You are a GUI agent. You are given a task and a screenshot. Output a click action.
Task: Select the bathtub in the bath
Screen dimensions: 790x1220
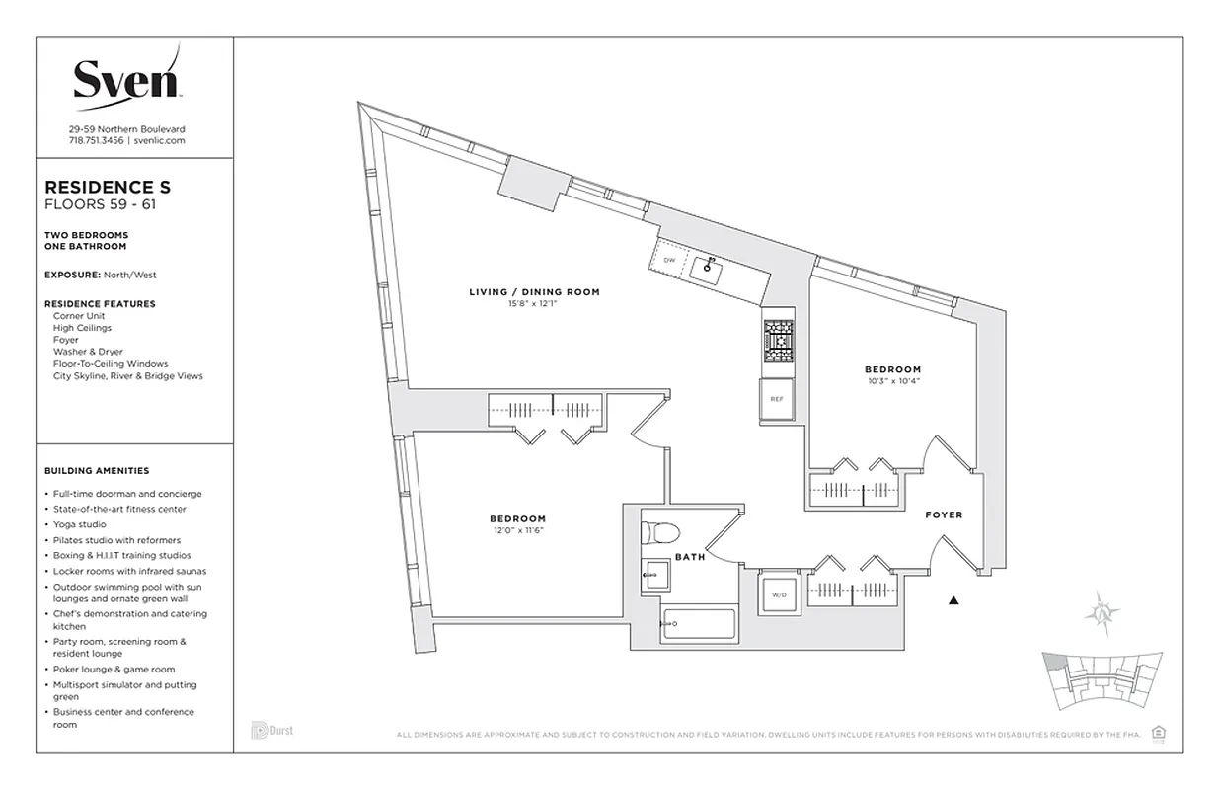699,624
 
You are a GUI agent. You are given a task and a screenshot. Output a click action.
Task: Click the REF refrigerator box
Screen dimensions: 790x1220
777,401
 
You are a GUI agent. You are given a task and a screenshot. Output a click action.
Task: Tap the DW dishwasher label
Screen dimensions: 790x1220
669,260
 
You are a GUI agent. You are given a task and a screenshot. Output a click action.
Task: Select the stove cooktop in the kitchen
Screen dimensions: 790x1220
776,343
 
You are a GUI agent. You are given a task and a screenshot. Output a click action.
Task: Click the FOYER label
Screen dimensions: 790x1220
943,515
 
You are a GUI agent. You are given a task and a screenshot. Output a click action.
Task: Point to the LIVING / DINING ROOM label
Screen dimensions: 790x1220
534,292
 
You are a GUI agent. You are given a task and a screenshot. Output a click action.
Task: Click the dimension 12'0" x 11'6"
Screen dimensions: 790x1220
517,531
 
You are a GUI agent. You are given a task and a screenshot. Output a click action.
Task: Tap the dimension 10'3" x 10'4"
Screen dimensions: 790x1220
892,381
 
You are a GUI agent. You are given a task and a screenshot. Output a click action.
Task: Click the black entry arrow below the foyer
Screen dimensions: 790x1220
953,599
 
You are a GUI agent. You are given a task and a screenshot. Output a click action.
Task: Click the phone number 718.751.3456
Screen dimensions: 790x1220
96,141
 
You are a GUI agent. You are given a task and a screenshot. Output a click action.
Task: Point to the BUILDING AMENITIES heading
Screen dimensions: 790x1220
97,471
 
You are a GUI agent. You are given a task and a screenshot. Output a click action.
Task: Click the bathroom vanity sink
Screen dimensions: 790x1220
653,573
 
